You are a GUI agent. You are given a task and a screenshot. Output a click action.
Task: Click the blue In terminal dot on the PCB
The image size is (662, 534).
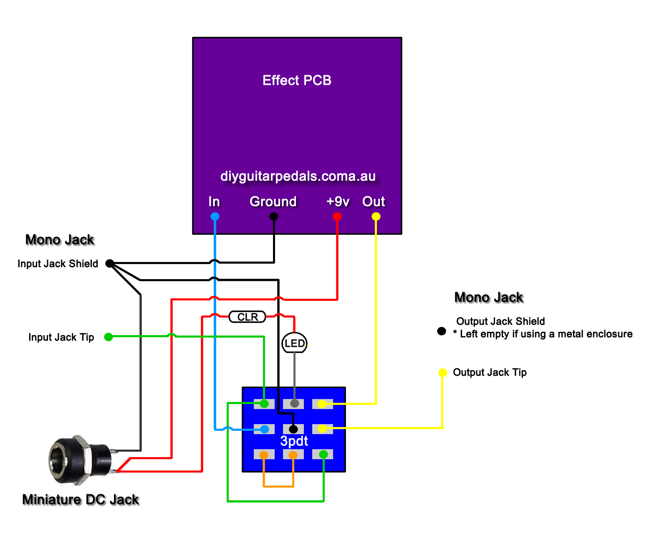click(x=215, y=216)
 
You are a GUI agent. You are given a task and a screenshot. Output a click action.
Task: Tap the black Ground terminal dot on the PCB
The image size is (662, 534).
click(x=273, y=216)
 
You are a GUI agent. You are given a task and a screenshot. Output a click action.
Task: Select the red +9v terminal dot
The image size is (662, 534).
click(x=337, y=216)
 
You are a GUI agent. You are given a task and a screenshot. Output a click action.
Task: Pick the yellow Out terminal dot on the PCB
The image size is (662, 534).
click(x=376, y=216)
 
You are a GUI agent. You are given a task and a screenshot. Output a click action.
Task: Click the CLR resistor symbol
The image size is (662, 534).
click(x=248, y=317)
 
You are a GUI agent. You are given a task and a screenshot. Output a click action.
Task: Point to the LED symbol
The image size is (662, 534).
click(x=295, y=343)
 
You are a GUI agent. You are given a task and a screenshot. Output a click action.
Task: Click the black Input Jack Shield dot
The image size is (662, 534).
click(x=109, y=263)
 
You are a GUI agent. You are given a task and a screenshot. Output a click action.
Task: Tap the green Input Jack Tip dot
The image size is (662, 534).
click(x=109, y=337)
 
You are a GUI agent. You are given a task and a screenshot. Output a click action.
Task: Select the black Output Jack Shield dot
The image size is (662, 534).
click(x=442, y=331)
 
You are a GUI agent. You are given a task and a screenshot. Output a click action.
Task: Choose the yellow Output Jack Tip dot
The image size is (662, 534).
click(x=442, y=372)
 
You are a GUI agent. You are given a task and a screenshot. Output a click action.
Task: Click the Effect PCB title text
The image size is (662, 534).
click(x=297, y=80)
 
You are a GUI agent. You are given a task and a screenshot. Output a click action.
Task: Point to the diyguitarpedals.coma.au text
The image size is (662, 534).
click(x=298, y=176)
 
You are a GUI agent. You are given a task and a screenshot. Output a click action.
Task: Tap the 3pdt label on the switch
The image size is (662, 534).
click(x=294, y=441)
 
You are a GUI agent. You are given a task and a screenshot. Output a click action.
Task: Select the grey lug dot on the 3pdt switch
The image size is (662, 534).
click(x=294, y=404)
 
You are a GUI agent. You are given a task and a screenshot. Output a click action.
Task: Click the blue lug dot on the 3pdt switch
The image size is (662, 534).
click(x=265, y=429)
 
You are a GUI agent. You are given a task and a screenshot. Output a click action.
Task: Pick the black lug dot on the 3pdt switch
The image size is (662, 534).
click(x=293, y=429)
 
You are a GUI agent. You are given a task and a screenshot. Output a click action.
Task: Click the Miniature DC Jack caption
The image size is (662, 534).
click(x=81, y=500)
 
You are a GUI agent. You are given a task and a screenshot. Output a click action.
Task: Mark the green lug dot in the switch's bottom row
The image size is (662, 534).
click(x=323, y=454)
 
